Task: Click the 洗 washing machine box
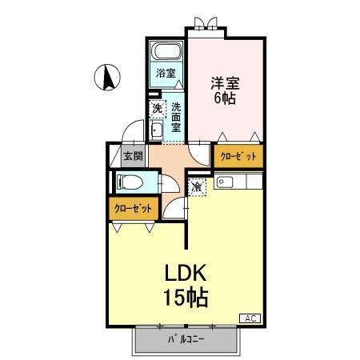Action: pyautogui.click(x=158, y=107)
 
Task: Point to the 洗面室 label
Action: pyautogui.click(x=176, y=116)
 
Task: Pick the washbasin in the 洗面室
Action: pyautogui.click(x=157, y=130)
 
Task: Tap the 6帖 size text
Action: pyautogui.click(x=225, y=98)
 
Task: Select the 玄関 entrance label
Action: pyautogui.click(x=132, y=156)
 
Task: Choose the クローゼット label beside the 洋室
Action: pyautogui.click(x=238, y=157)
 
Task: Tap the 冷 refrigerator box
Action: pyautogui.click(x=198, y=186)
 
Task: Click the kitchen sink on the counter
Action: pyautogui.click(x=222, y=184)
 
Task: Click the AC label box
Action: pyautogui.click(x=249, y=318)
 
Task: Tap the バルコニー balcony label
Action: pyautogui.click(x=186, y=339)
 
